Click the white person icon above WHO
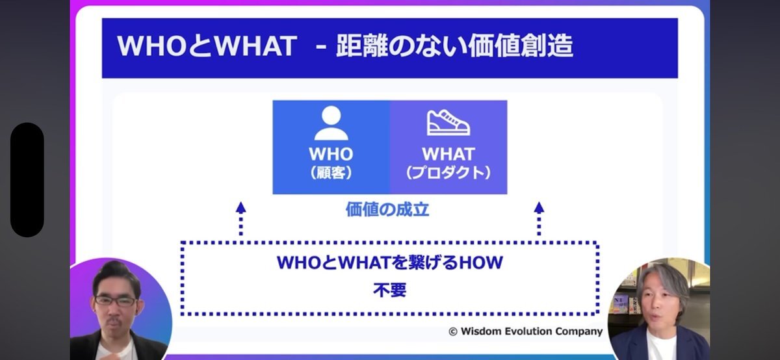[331, 123]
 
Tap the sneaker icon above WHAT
[448, 123]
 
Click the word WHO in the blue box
[331, 154]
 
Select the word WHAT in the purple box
[448, 154]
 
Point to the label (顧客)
[331, 173]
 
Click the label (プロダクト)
[448, 173]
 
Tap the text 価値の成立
[387, 209]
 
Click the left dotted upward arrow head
[240, 207]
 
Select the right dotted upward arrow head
[539, 207]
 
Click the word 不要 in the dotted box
[389, 290]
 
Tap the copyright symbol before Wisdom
[452, 331]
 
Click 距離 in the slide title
[361, 46]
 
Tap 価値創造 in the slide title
[521, 46]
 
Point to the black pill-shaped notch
[27, 179]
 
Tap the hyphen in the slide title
[321, 47]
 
